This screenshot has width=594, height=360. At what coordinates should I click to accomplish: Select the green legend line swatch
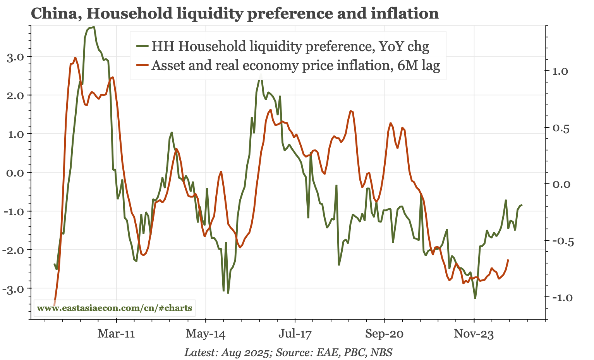(142, 46)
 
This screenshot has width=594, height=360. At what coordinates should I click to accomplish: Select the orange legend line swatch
(142, 65)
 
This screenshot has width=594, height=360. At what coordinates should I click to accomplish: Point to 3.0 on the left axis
(15, 57)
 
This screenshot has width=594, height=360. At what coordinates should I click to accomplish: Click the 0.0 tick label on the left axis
(15, 173)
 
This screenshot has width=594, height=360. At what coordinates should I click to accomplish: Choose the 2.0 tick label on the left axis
(15, 95)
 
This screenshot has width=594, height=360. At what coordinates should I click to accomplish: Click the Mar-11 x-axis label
(116, 334)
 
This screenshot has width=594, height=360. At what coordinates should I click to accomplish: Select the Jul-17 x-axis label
(295, 334)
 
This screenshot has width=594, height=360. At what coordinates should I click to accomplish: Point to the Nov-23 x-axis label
(474, 334)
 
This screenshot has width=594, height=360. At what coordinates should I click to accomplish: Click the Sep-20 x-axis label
(385, 334)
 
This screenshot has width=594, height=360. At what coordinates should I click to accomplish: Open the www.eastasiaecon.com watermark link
(114, 309)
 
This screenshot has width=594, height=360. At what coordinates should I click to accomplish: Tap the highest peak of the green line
(94, 27)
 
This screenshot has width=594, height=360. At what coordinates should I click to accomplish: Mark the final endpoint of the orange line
(508, 260)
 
